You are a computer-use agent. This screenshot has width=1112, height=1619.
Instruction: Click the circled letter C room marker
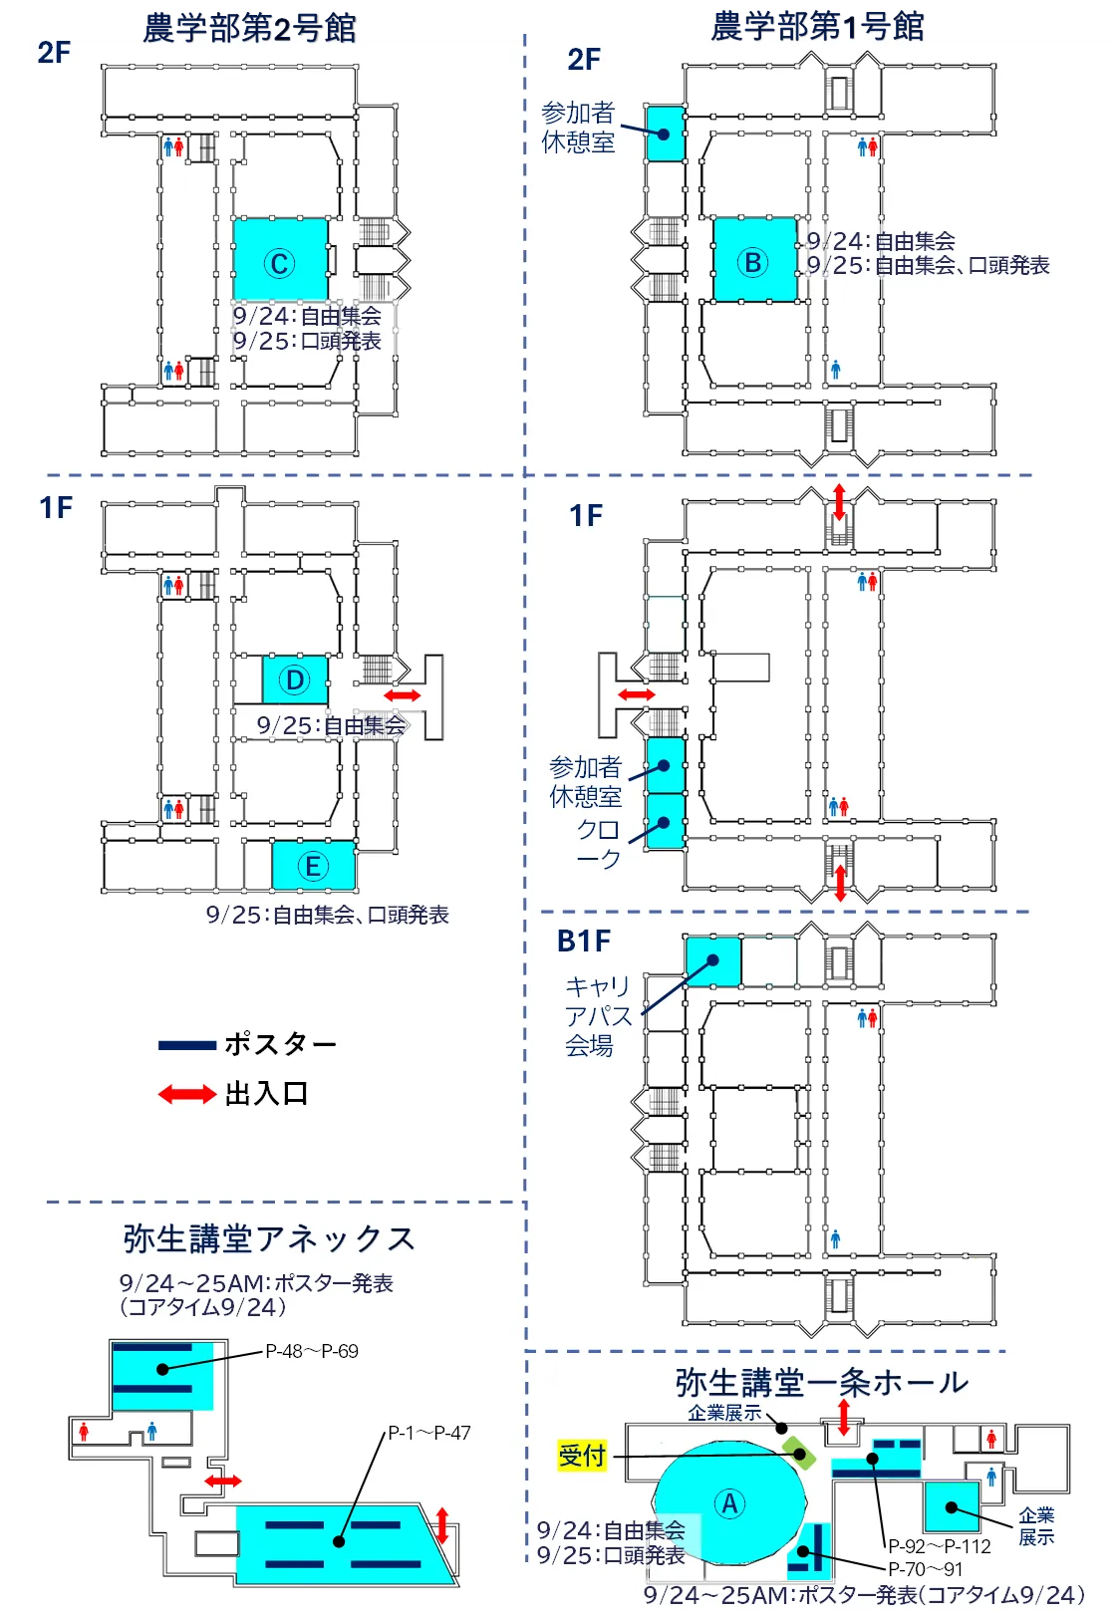click(x=279, y=264)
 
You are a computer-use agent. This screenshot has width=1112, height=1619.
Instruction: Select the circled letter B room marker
click(x=752, y=262)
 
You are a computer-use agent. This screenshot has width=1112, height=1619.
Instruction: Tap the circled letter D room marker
click(x=294, y=680)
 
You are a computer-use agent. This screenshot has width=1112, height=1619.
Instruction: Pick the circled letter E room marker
click(x=312, y=866)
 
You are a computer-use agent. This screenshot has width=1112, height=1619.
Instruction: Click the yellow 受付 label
click(x=581, y=1455)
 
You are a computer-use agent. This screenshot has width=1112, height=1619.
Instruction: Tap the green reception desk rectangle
click(x=798, y=1452)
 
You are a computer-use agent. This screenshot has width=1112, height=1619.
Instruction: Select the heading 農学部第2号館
click(x=249, y=29)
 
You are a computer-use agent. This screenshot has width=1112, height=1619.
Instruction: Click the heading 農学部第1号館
click(x=817, y=27)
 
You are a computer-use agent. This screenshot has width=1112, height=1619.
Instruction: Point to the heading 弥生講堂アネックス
click(x=269, y=1238)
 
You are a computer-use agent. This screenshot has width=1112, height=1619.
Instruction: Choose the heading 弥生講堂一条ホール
click(x=821, y=1382)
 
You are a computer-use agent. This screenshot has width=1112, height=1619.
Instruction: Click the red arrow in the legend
click(x=187, y=1094)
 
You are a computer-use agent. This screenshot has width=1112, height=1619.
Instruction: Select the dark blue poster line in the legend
click(x=187, y=1045)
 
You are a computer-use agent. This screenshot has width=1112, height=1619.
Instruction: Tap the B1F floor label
click(x=584, y=942)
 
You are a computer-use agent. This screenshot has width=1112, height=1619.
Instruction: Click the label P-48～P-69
click(x=312, y=1352)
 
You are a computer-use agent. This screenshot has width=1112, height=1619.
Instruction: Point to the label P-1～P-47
click(x=429, y=1433)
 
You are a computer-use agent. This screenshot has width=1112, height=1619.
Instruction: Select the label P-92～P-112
click(x=940, y=1546)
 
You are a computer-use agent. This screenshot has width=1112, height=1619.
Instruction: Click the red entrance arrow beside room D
click(x=402, y=695)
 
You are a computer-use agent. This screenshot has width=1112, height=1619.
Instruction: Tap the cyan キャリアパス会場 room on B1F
click(x=712, y=961)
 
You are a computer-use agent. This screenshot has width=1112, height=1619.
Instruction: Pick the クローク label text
click(x=598, y=844)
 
